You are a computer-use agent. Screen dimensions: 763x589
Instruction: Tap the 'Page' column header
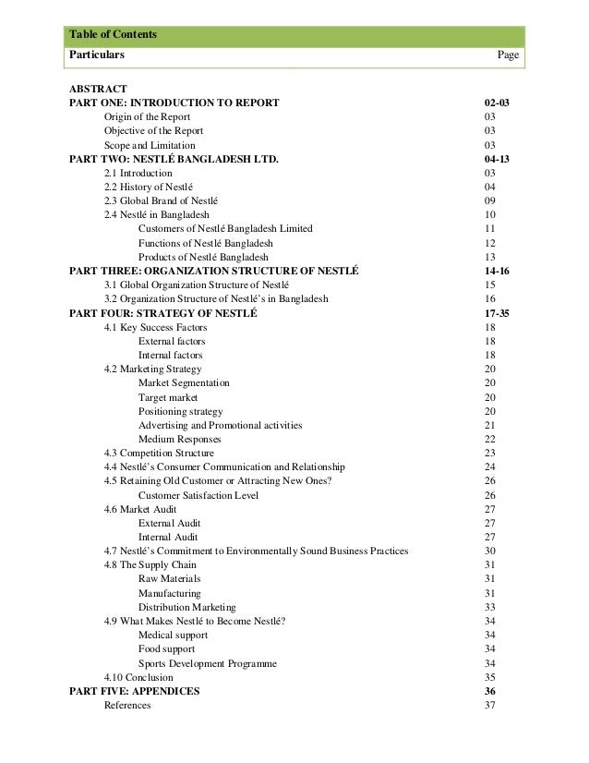click(x=508, y=55)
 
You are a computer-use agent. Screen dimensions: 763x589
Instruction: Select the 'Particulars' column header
click(x=97, y=55)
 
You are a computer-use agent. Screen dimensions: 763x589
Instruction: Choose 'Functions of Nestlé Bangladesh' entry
click(x=205, y=242)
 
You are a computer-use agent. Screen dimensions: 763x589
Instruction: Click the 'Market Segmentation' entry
click(x=184, y=382)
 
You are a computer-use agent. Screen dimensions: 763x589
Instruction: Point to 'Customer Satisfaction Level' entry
click(x=198, y=495)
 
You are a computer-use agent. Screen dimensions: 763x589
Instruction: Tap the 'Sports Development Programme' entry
click(x=207, y=663)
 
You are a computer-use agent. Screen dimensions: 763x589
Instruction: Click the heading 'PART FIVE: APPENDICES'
click(x=134, y=692)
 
